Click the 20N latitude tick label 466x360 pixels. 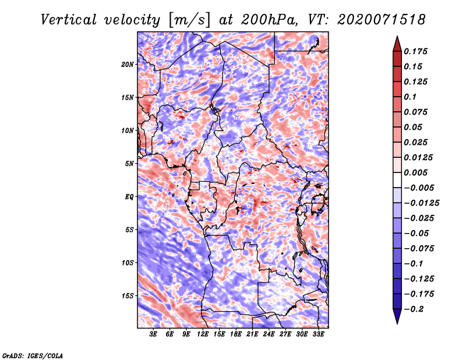coord(128,64)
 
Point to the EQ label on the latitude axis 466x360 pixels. coord(129,197)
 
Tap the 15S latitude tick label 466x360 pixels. coord(128,296)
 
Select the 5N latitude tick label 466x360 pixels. coord(129,164)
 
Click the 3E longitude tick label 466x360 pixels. coord(153,334)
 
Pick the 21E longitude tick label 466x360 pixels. coord(252,334)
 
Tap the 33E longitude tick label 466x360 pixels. coord(318,334)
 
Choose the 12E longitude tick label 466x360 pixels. coord(203,334)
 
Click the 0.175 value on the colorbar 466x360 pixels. coord(415,51)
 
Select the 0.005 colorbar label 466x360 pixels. coord(415,172)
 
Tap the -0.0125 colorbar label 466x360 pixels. coord(421,203)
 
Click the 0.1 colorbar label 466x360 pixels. coord(410,97)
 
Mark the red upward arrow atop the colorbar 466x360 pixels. coord(397,44)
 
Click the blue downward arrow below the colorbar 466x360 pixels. coord(397,316)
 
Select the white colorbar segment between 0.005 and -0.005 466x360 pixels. coord(397,180)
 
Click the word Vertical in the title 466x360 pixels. coord(69,20)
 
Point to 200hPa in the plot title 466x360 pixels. coord(269,20)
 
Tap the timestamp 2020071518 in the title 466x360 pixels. coord(382,20)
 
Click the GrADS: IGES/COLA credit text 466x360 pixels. coord(33,355)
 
